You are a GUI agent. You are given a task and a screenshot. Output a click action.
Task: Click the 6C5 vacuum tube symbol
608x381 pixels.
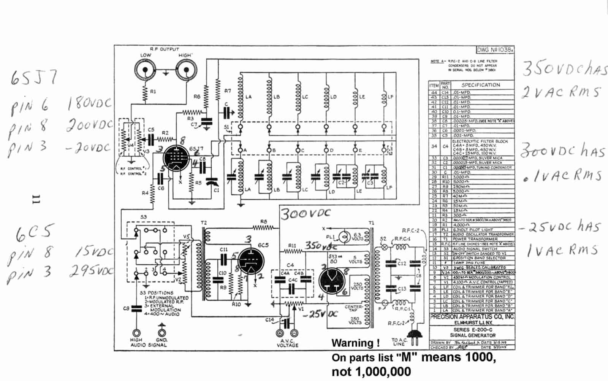point(251,262)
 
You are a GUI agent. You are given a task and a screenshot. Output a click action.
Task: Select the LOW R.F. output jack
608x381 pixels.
point(145,70)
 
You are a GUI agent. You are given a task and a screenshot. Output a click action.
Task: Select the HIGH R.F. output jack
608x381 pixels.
point(186,70)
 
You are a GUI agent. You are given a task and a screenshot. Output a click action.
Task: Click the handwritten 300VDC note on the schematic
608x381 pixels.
point(306,214)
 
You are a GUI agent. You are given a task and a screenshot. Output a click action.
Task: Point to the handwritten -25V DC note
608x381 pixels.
point(323,314)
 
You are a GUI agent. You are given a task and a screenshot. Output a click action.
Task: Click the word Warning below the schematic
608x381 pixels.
point(355,343)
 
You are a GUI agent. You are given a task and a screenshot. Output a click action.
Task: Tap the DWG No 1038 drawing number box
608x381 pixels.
point(495,50)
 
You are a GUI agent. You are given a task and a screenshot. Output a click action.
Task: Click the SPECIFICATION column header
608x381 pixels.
point(480,85)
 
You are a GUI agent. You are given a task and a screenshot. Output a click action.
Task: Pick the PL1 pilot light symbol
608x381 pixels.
point(344,237)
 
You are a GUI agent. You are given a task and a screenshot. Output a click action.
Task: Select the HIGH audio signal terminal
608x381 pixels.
point(136,333)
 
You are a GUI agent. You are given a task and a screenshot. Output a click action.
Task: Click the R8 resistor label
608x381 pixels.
point(264,221)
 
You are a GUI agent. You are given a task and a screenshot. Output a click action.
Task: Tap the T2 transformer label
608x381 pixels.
point(204,223)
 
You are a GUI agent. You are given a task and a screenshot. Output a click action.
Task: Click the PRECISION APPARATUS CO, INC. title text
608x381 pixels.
point(472,316)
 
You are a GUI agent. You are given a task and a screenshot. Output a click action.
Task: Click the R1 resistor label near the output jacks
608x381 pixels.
point(153,92)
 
